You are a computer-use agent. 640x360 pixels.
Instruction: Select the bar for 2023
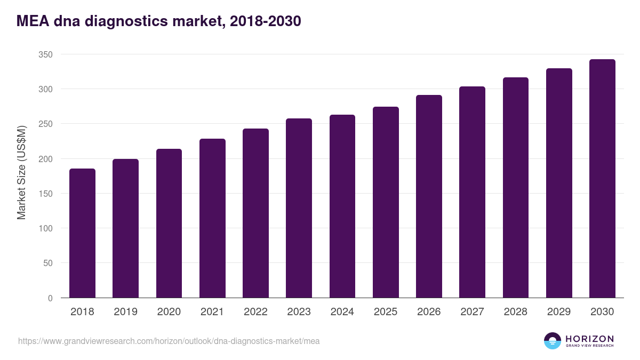pyautogui.click(x=299, y=208)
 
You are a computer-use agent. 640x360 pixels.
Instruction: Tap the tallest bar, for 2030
pyautogui.click(x=602, y=179)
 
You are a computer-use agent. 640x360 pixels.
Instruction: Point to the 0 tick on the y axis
pyautogui.click(x=50, y=298)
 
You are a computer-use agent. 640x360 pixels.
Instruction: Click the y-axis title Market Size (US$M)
pyautogui.click(x=21, y=172)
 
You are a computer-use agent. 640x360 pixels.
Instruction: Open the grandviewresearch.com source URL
pyautogui.click(x=169, y=341)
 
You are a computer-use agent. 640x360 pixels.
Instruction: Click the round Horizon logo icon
pyautogui.click(x=553, y=341)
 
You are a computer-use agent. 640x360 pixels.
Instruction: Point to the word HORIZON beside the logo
pyautogui.click(x=589, y=339)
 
